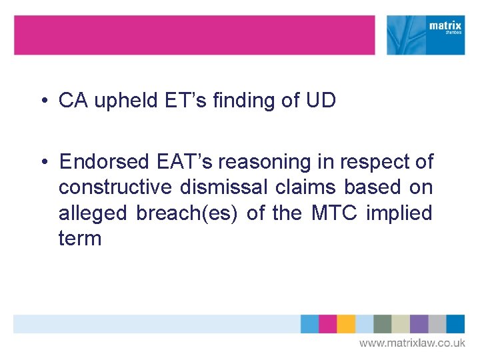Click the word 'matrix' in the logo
click(445, 27)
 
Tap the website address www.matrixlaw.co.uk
click(412, 343)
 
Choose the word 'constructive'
click(117, 188)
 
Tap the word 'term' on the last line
click(80, 239)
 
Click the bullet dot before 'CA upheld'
click(43, 101)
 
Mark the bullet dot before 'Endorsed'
click(43, 163)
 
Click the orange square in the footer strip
click(346, 324)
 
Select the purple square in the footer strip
click(419, 324)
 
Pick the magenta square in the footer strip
click(328, 324)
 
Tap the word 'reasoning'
click(279, 162)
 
